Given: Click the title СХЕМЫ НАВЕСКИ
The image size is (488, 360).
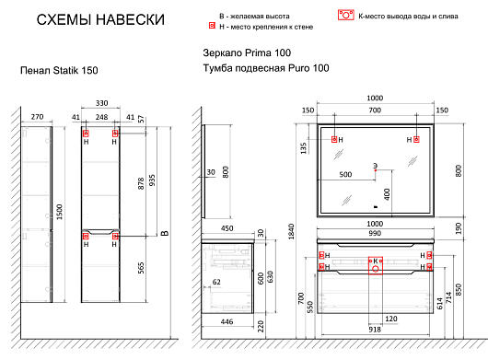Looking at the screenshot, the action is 100,19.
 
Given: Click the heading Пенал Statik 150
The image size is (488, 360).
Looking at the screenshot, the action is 59,70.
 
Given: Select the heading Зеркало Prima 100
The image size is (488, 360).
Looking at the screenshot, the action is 247,52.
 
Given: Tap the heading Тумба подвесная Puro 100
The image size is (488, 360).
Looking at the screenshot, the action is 266,68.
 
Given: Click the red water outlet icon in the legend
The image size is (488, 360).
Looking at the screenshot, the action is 346,16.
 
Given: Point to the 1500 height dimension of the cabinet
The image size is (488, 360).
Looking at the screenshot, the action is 59,212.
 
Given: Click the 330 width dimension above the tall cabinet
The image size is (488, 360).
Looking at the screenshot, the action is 101,103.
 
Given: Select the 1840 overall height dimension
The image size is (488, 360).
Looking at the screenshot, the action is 291,231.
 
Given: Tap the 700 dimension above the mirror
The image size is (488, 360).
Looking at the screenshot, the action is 375,110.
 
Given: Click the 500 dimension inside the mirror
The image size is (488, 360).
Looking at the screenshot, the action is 345,174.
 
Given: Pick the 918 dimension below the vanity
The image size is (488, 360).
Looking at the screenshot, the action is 375,330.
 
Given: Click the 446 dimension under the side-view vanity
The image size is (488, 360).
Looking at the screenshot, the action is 227,321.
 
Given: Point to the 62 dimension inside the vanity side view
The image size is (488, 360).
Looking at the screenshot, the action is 216,282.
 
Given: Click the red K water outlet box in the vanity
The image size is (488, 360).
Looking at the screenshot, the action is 376,265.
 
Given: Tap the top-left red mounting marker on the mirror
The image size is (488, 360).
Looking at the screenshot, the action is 334,139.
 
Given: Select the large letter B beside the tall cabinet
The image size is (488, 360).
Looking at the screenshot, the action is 165,233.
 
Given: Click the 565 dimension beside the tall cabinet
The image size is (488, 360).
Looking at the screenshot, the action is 141,268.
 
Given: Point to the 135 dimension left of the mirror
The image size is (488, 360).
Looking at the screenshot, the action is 304,148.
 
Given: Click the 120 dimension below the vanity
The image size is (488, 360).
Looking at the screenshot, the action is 391,319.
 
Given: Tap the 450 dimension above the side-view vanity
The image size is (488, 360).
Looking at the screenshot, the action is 227,228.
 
